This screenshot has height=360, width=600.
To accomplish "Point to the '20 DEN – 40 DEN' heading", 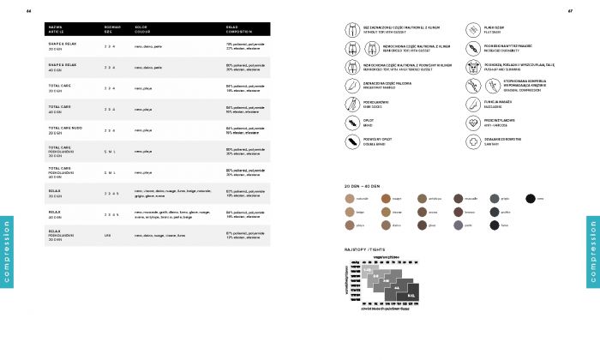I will [361, 184].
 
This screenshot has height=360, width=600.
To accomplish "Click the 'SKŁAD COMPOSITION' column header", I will [239, 29].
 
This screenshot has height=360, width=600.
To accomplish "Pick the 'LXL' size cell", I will [107, 235].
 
